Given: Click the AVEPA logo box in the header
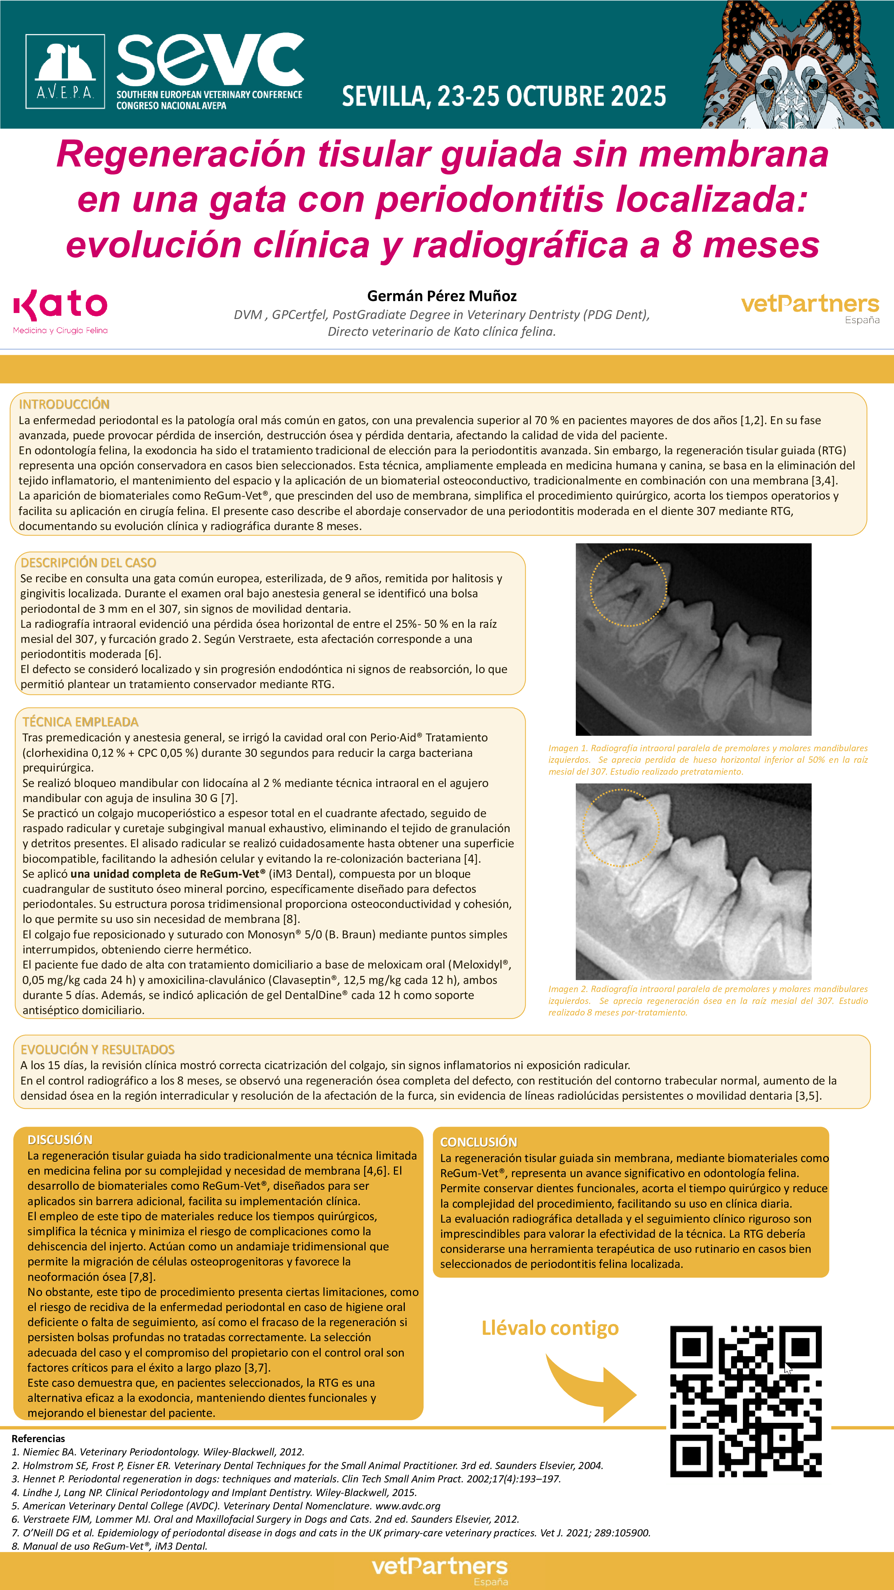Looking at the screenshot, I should point(65,72).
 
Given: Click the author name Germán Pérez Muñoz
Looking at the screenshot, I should point(442,295).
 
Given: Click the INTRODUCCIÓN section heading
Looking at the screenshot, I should point(64,404).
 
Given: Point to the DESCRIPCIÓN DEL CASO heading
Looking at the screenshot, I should point(88,562).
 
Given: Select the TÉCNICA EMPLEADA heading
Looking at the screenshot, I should point(80,721).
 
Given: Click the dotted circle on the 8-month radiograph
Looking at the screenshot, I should point(621,828).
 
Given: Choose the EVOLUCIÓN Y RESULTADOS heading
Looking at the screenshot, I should point(97,1049).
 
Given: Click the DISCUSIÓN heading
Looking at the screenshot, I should point(60,1140).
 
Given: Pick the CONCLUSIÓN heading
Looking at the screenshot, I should point(478,1142).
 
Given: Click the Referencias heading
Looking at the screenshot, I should point(38,1438).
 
